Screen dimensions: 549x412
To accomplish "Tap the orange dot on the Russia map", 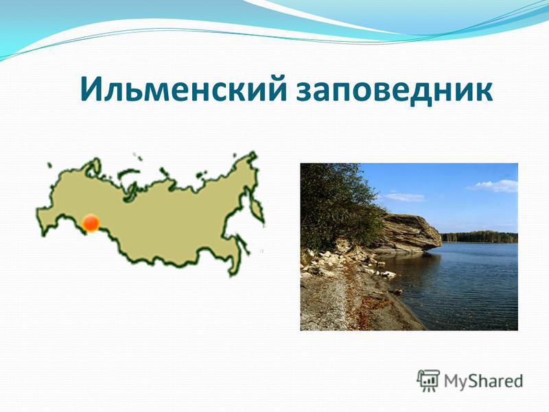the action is (91, 223).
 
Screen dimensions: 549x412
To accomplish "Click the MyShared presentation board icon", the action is (428, 380).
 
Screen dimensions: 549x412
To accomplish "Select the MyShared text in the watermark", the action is (484, 381).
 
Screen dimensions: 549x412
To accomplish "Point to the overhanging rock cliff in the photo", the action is (410, 233).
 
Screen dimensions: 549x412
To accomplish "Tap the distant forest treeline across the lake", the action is (479, 236).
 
